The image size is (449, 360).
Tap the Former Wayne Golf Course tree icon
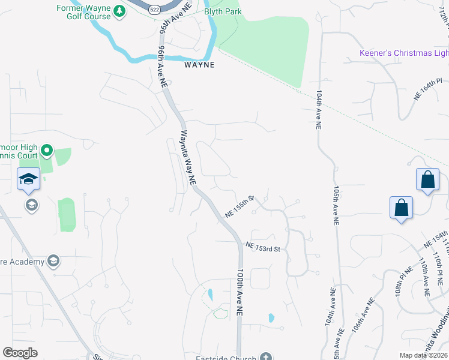(x=119, y=11)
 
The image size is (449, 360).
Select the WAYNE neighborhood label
(x=199, y=65)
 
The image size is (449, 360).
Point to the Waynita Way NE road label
(x=188, y=157)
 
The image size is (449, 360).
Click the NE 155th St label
(x=240, y=206)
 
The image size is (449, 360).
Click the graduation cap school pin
(x=28, y=179)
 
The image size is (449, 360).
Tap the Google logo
(x=20, y=353)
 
